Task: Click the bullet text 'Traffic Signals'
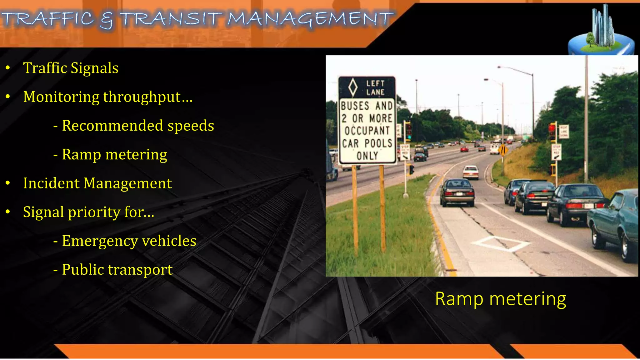pos(71,68)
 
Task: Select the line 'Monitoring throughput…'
pos(108,97)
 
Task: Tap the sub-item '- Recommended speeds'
pos(134,126)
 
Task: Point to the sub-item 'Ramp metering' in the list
pos(114,154)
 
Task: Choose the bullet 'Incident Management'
pos(97,183)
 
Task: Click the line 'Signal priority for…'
pos(88,212)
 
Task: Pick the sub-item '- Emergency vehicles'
pos(125,241)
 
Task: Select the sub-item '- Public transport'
pos(113,269)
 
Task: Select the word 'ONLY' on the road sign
pos(367,156)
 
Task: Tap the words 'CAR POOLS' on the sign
pos(367,143)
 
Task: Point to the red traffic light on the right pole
pos(552,128)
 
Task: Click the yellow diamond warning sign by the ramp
pos(503,150)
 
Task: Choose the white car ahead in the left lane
pos(470,172)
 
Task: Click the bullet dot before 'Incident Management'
pos(8,183)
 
